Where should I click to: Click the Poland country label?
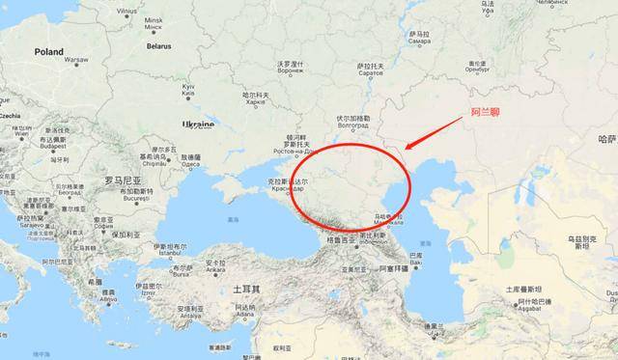[x=48, y=52]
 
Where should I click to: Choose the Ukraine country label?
[x=198, y=125]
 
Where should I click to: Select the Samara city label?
[x=419, y=37]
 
